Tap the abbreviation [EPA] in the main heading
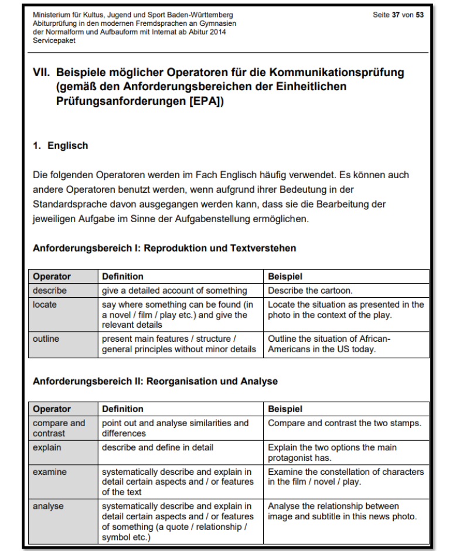(x=203, y=100)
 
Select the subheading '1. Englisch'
(x=60, y=146)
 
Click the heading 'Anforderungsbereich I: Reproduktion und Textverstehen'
(x=164, y=248)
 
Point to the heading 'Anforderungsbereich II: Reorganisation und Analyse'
(x=155, y=381)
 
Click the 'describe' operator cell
(x=50, y=291)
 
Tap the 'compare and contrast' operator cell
(x=59, y=428)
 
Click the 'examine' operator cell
(x=50, y=472)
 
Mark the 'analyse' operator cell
(x=48, y=506)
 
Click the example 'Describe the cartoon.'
(x=310, y=291)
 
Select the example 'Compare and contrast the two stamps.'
(x=345, y=423)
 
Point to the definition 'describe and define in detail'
(x=158, y=447)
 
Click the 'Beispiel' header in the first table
(x=285, y=276)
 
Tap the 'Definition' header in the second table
(x=122, y=409)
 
